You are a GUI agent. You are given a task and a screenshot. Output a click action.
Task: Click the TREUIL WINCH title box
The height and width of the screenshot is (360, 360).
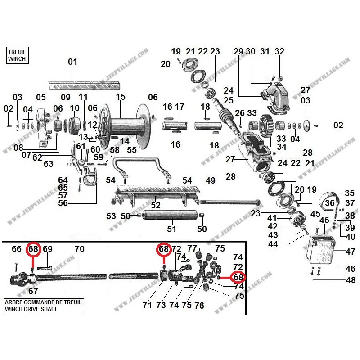coord(17,55)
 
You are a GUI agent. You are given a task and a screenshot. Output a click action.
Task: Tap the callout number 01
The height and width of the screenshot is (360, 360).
coord(73,62)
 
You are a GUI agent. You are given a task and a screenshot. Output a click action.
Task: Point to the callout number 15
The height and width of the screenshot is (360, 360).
coord(120,97)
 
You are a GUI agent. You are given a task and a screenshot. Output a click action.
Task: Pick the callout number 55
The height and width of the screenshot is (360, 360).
coord(132,150)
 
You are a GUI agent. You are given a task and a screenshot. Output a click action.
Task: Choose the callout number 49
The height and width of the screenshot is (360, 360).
coord(211,181)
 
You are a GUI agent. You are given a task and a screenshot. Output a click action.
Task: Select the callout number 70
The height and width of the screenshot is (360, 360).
coord(79,249)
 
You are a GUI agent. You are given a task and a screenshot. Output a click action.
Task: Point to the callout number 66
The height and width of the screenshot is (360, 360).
coord(16,249)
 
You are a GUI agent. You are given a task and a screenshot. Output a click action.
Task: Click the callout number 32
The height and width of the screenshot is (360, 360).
coord(279,51)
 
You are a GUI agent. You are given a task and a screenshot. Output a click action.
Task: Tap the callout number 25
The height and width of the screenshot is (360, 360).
coord(229,100)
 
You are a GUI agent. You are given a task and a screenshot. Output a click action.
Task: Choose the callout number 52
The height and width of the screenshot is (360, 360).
coord(156,206)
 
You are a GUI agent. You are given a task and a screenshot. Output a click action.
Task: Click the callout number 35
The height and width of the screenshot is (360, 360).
coord(349,193)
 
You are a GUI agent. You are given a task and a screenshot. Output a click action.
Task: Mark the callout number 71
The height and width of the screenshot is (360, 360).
coord(147,306)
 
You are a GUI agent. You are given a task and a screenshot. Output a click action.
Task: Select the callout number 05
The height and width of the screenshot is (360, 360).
coord(41,97)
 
